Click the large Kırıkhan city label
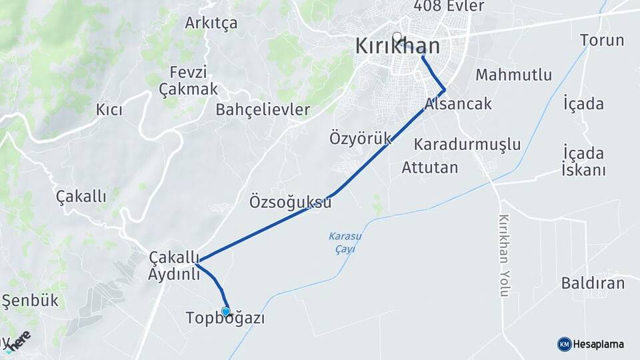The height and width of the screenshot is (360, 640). coord(397,47)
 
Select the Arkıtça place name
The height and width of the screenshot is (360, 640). coord(211,23)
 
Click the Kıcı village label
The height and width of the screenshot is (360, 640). coord(109,110)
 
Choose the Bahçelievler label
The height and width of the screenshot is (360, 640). coord(263,110)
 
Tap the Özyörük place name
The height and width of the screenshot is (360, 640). coord(360,139)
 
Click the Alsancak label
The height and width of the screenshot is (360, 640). coord(458,103)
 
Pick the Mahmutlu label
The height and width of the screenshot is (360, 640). coord(513,75)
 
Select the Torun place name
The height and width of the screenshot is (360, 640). coord(602,40)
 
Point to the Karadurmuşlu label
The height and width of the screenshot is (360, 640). coord(467,144)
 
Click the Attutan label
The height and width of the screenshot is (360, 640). coord(430,167)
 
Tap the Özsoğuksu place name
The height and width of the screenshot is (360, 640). coord(290,201)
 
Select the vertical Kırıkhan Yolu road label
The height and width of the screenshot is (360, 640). coord(504,255)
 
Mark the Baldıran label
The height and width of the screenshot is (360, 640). coord(593,283)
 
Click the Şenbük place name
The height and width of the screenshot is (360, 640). coord(30,301)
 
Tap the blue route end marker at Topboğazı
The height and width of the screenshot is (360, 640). coord(226,311)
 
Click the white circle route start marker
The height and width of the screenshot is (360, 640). coord(397,37)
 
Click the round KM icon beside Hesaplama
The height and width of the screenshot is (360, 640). coord(564,344)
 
